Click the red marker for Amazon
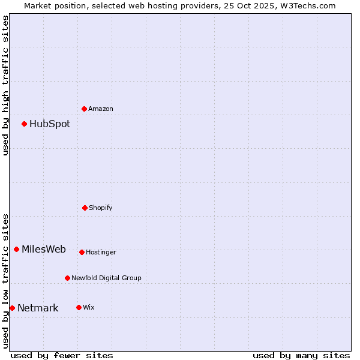tap(85, 109)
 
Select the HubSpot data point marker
tap(25, 124)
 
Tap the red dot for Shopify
tap(85, 208)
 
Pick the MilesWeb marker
tap(17, 250)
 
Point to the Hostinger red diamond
tap(82, 252)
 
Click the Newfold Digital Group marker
tap(68, 278)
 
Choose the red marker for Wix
tap(79, 307)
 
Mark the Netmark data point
tap(12, 308)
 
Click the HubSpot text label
tap(50, 124)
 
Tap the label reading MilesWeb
tap(44, 250)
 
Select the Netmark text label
tap(38, 308)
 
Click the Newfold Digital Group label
tap(106, 278)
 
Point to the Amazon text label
tap(101, 109)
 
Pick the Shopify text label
tap(101, 208)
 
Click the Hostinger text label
tap(101, 252)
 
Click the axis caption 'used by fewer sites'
tap(62, 355)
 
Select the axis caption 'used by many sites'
tap(301, 355)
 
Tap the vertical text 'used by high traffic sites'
tap(5, 85)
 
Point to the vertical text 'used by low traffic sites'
tap(5, 281)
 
